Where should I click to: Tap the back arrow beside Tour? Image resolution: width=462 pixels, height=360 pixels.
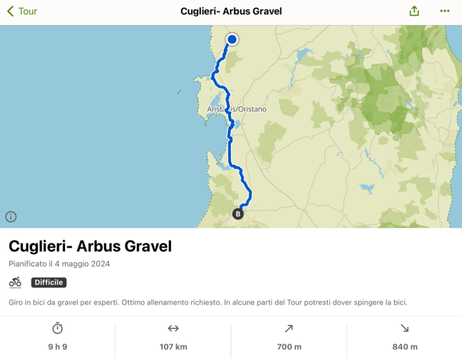point(10,11)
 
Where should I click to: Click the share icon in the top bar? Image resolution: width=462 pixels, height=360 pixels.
point(414,11)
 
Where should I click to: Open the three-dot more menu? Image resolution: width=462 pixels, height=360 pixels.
point(445,11)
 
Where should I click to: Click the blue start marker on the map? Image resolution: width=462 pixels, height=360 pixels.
point(232,39)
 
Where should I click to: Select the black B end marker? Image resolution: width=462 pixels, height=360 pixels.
point(238,214)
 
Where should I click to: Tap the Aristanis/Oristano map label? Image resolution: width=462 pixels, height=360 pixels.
point(237,109)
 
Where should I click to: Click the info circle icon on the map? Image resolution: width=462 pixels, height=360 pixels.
point(11,216)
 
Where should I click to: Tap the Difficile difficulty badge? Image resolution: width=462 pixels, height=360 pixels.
point(49,283)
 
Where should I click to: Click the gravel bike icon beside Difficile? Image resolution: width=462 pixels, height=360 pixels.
point(15,283)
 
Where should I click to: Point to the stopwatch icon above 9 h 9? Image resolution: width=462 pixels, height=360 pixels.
point(57,328)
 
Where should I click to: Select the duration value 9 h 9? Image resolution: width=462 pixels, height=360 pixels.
point(57,347)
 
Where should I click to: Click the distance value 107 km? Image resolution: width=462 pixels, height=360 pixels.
point(174,347)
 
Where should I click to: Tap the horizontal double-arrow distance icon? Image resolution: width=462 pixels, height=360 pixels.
point(174,328)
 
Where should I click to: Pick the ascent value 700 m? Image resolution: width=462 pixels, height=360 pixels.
point(289,347)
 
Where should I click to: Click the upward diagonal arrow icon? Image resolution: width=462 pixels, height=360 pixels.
point(289,328)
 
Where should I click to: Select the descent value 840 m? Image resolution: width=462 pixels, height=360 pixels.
point(405,347)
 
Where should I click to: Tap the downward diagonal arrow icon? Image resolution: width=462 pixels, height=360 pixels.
point(405,328)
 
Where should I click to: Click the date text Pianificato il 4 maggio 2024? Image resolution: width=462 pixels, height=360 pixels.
point(60,264)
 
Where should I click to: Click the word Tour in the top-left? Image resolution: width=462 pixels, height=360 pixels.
point(28,11)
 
